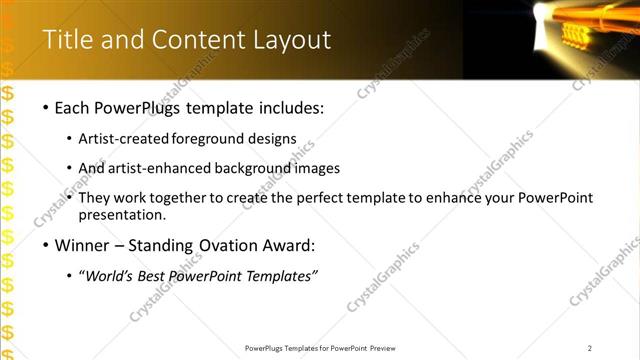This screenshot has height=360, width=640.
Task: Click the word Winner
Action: [x=82, y=245]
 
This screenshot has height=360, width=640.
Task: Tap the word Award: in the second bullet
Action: [x=285, y=245]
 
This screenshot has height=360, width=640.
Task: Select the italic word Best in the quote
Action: [x=155, y=276]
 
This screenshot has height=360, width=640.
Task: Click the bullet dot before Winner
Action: [x=46, y=245]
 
